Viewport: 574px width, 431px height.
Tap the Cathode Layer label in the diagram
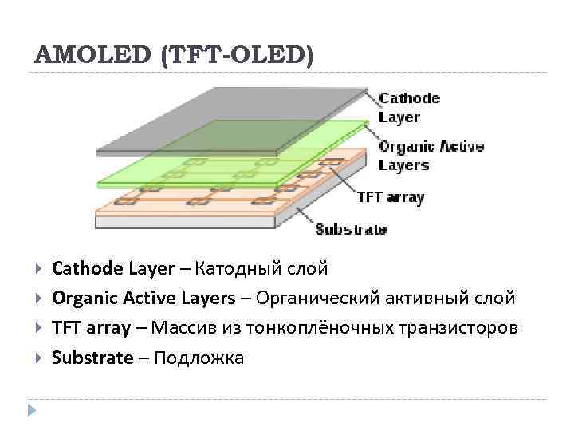(409, 108)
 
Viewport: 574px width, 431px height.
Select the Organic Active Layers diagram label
(431, 156)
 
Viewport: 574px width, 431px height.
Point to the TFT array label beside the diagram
(390, 196)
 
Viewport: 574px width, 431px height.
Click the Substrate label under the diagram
(351, 229)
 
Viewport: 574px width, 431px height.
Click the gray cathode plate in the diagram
(231, 120)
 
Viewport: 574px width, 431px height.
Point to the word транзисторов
(466, 328)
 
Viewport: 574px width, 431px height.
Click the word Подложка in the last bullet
(199, 358)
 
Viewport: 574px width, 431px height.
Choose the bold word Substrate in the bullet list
(92, 358)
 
